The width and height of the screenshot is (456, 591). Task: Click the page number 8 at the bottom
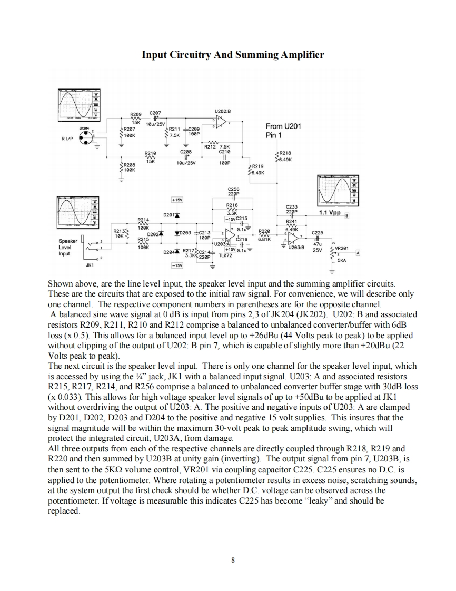tap(232, 559)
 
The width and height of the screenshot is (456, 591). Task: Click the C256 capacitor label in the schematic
tap(233, 188)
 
